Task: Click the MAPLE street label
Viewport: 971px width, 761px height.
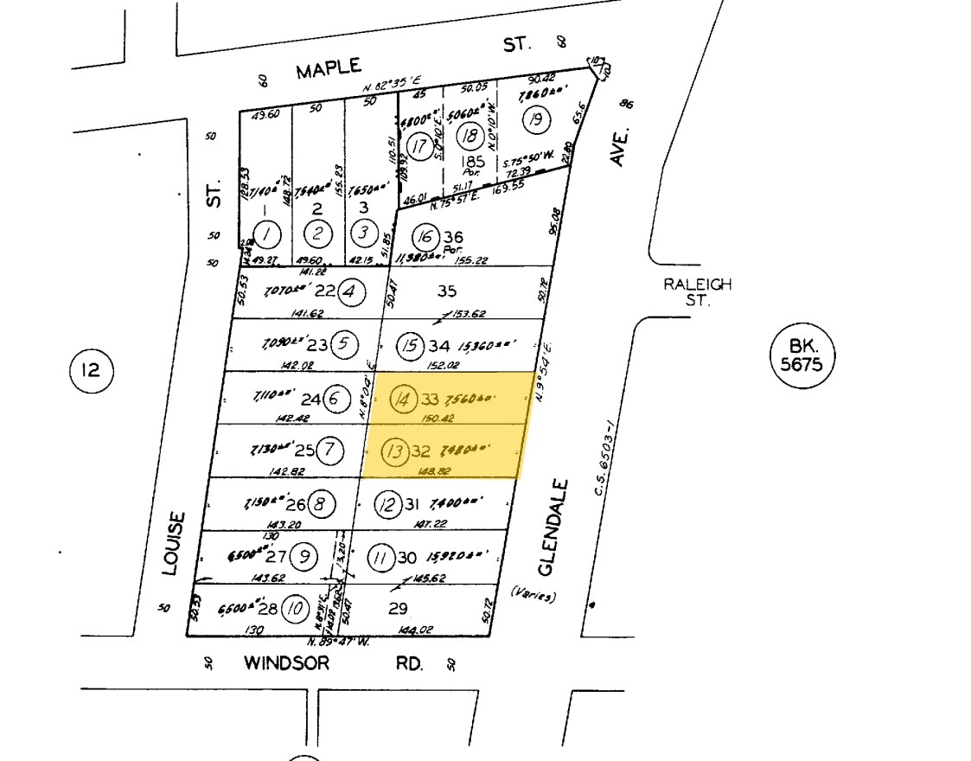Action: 328,70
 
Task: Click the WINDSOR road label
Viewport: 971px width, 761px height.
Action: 286,663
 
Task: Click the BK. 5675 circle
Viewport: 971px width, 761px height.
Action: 802,355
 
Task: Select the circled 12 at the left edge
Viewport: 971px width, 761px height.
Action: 91,371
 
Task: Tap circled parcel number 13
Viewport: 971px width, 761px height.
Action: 395,451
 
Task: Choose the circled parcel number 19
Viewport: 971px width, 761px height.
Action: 536,119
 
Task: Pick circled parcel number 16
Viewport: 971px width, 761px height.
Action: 424,236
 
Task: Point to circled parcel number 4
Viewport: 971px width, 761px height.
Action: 349,291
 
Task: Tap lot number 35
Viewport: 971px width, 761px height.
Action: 446,291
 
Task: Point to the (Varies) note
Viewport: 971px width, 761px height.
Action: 533,596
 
